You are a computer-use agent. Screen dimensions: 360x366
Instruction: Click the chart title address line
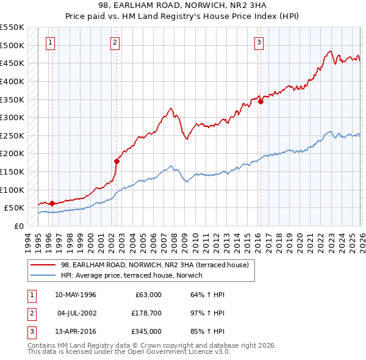tap(182, 5)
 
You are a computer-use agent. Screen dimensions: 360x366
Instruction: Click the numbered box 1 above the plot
tap(49, 42)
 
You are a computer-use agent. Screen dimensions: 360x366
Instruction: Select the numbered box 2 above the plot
tap(115, 42)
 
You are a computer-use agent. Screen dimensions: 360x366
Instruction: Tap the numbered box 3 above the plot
tap(259, 42)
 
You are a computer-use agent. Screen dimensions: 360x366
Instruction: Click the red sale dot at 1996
tap(52, 203)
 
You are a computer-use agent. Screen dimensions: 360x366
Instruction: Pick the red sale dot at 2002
tap(117, 161)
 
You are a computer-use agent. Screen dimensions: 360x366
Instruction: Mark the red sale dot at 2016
tap(260, 101)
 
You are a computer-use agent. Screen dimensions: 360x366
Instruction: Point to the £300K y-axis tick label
tap(12, 117)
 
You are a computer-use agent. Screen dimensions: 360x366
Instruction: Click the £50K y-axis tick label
tap(15, 208)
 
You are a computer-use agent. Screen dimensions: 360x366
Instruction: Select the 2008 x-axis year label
tap(174, 239)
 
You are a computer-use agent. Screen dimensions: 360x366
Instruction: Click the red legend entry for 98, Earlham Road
tap(154, 265)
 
